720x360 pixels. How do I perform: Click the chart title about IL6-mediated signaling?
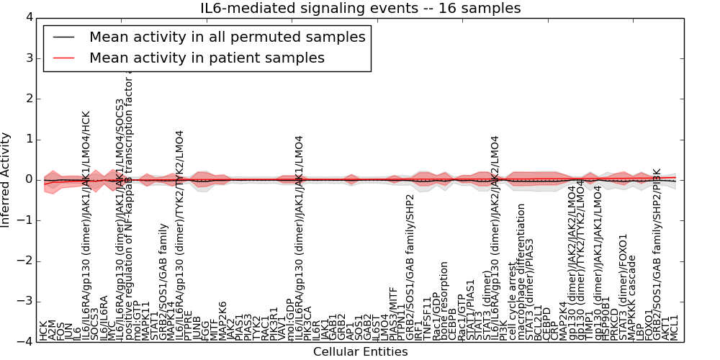pos(360,9)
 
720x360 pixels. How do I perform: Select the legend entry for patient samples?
pos(207,58)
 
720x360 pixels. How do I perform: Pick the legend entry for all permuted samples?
pos(227,37)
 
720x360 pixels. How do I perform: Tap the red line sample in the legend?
pos(63,58)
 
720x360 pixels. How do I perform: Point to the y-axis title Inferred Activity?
pos(6,180)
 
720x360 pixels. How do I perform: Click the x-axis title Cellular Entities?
pos(360,352)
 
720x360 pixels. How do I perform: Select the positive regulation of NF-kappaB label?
pos(130,209)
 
